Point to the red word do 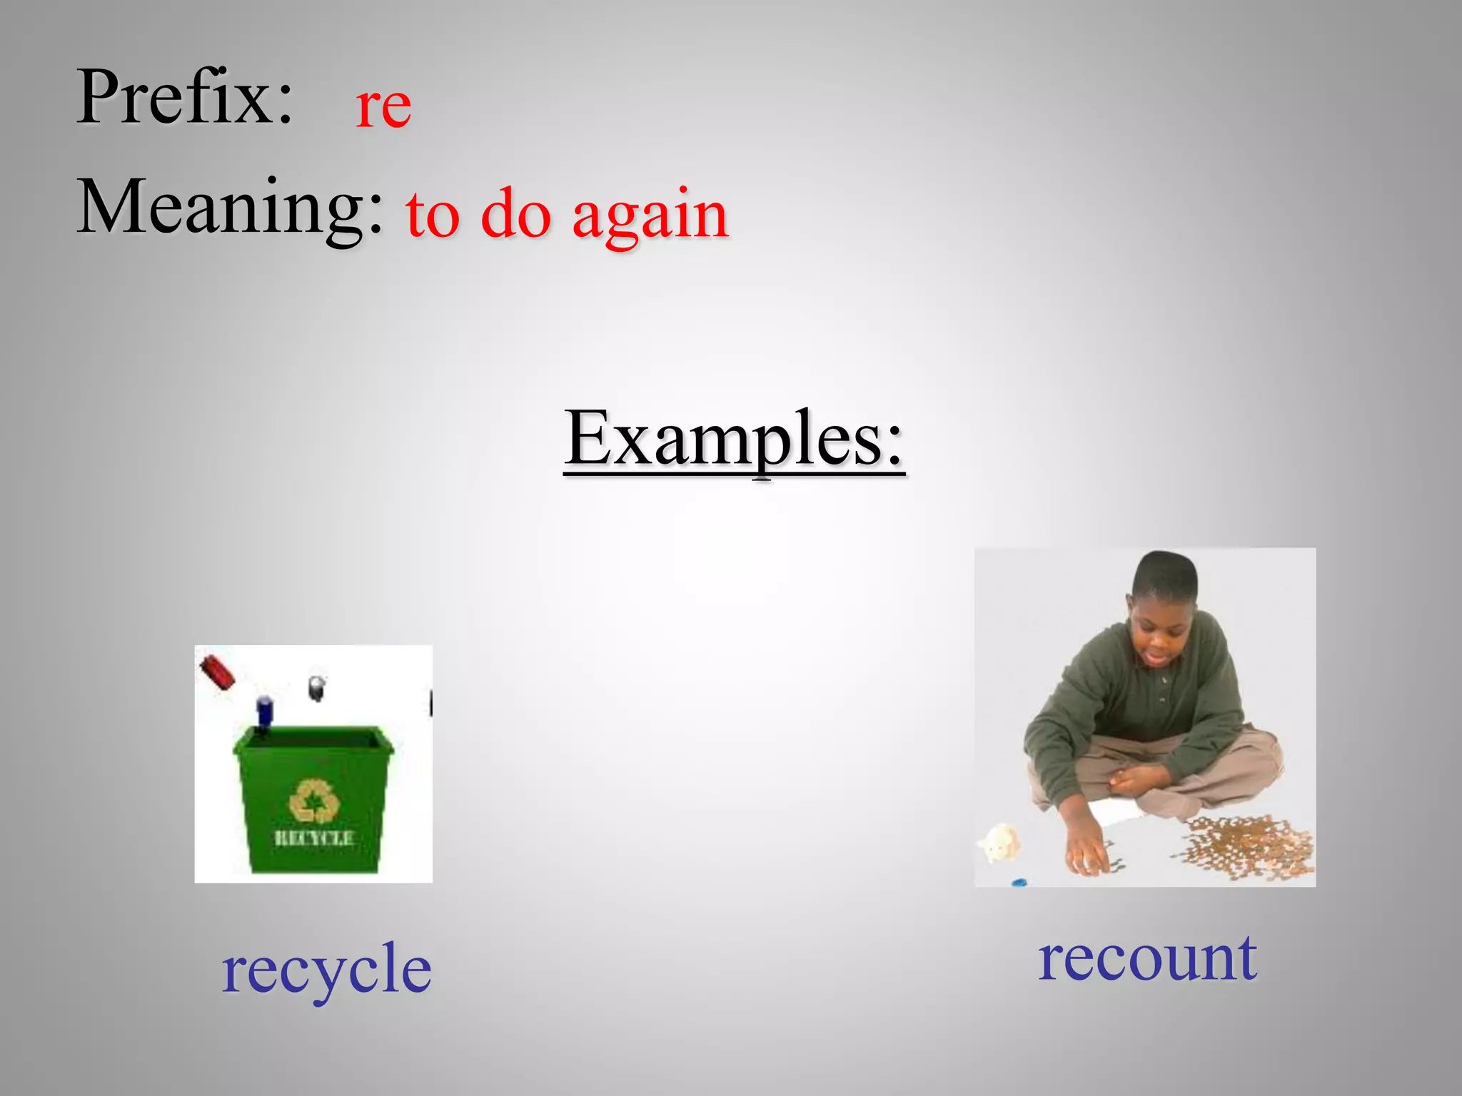coord(516,214)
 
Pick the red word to coord(433,214)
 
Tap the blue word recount coord(1146,959)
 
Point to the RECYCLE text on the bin coord(314,838)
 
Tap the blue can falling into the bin coord(265,713)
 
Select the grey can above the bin coord(317,687)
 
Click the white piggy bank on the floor coord(999,843)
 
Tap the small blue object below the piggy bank coord(1019,883)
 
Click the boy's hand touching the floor coord(1089,856)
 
